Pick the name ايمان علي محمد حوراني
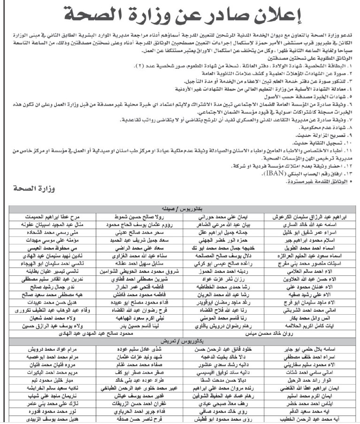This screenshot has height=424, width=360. tap(215, 218)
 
